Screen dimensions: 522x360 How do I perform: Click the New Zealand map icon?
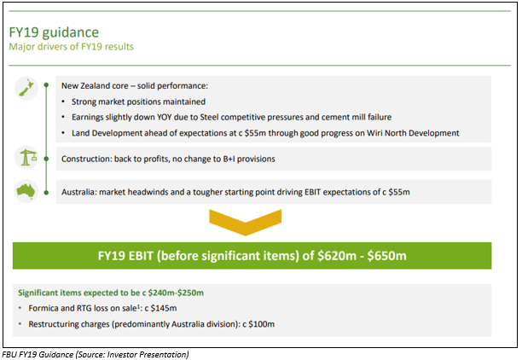pos(26,89)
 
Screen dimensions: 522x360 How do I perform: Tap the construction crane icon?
pos(26,157)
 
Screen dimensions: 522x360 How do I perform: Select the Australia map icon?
pos(26,191)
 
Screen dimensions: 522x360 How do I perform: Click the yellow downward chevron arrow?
pos(246,223)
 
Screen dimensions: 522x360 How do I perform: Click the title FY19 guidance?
pos(54,32)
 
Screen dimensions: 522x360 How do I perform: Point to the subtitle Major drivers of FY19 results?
pos(72,47)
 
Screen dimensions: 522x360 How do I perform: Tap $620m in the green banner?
pos(337,256)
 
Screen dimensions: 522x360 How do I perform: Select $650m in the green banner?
pos(387,256)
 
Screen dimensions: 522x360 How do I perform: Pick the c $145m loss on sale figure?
pos(160,308)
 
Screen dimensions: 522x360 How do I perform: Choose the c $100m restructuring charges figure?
pos(258,324)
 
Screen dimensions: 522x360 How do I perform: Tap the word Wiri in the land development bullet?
pos(374,133)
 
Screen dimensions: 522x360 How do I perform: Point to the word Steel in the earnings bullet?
pos(209,117)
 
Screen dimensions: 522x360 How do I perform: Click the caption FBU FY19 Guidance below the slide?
pos(38,354)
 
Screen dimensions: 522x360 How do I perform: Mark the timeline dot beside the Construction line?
pos(46,160)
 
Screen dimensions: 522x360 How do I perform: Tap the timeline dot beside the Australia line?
pos(46,193)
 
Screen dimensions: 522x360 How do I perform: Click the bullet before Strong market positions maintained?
pos(63,102)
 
